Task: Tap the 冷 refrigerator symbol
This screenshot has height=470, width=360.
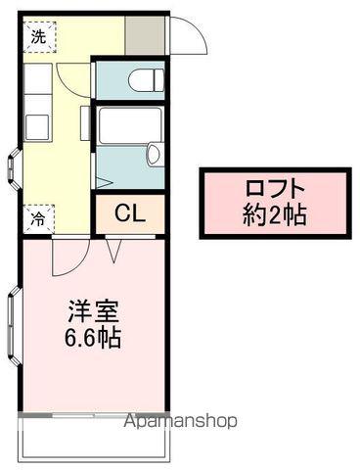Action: click(36, 219)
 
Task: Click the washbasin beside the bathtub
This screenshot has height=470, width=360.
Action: click(153, 154)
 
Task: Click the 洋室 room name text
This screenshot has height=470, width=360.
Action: click(94, 314)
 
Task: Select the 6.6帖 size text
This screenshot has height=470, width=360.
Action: click(94, 340)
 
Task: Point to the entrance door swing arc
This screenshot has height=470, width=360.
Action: click(191, 37)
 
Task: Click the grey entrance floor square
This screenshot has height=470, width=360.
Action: click(146, 36)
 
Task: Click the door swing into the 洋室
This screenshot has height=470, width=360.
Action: click(68, 256)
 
